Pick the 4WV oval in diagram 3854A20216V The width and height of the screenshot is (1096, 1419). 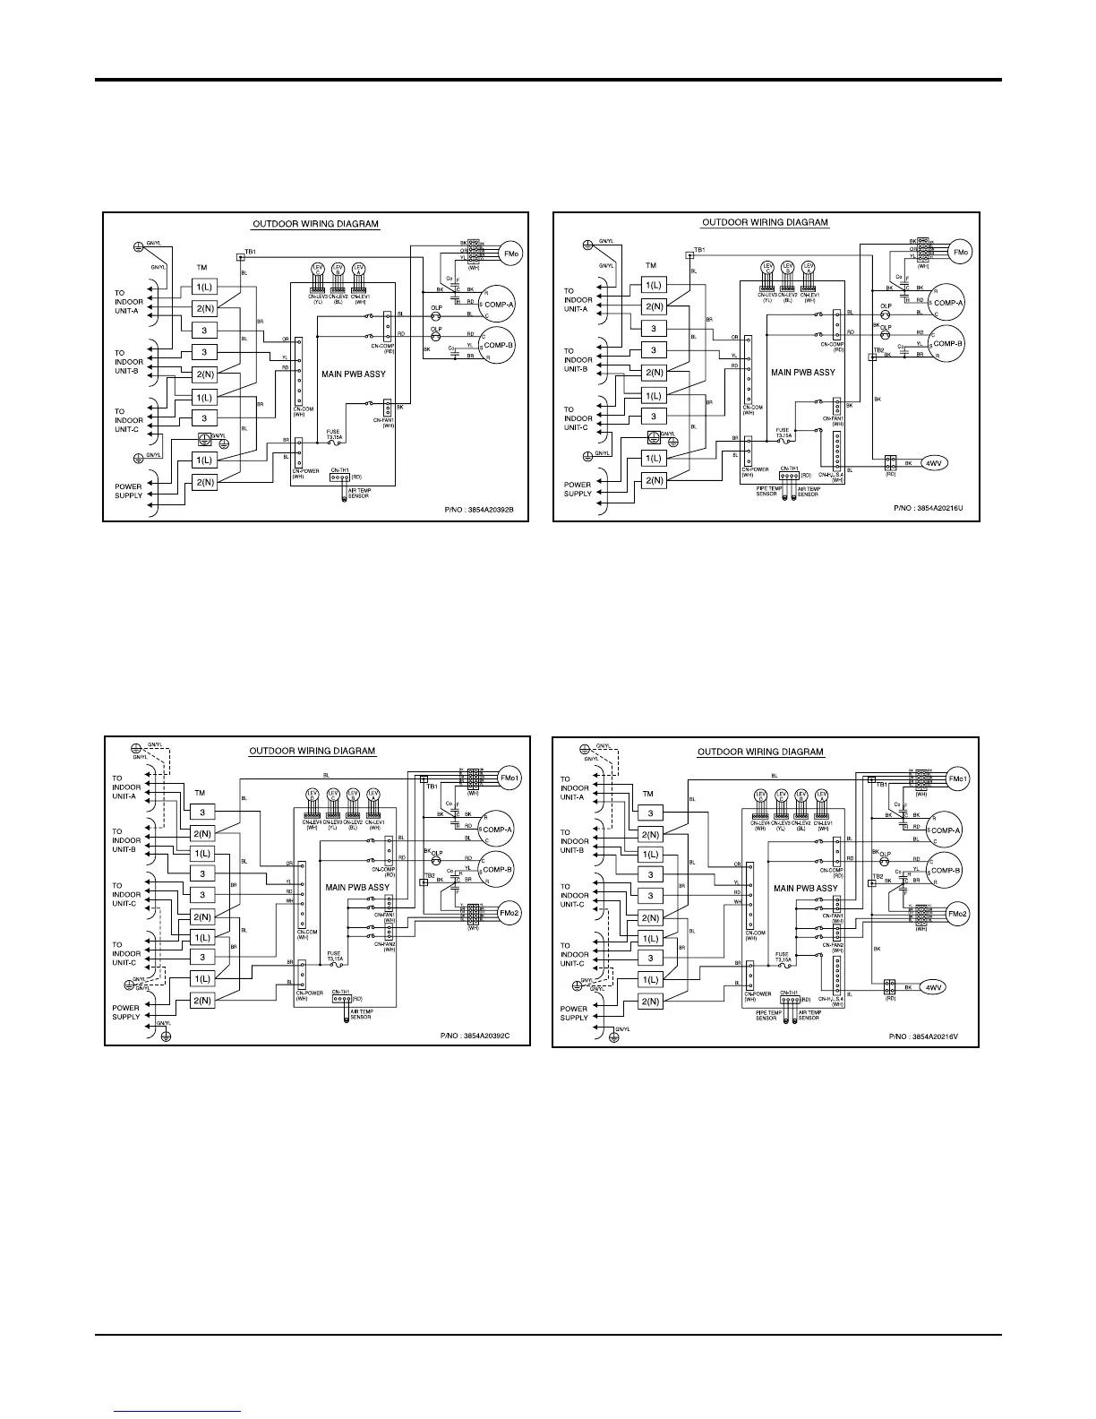(x=934, y=987)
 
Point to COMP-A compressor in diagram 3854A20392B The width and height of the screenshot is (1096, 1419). (x=498, y=304)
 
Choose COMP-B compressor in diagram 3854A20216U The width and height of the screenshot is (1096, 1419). (x=947, y=343)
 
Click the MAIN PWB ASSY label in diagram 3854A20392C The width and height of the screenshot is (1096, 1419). (x=357, y=888)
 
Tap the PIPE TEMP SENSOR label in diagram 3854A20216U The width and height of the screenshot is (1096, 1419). (x=766, y=491)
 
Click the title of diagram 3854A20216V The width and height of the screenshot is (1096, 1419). (x=760, y=752)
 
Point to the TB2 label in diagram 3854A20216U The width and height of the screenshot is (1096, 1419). (x=879, y=350)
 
